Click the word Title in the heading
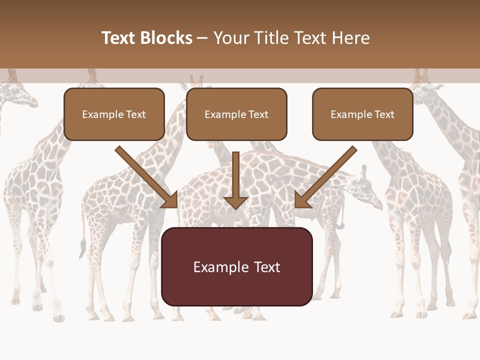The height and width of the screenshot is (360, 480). tap(267, 38)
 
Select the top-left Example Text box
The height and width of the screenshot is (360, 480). tap(114, 114)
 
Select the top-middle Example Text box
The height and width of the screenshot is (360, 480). tap(236, 114)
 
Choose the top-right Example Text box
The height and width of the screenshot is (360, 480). tap(362, 114)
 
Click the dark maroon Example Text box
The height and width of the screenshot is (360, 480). tap(236, 266)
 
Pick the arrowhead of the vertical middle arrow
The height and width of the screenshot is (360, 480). tap(235, 202)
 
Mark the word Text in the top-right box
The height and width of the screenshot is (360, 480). tap(384, 114)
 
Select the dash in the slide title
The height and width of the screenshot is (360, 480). tap(203, 38)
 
